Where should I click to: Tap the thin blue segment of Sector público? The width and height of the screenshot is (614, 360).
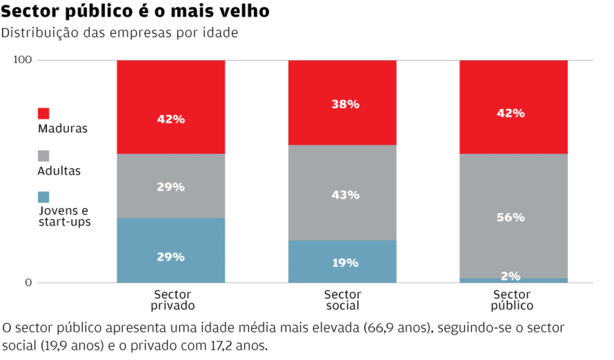tap(514, 281)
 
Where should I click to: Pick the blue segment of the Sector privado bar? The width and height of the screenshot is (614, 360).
tap(171, 240)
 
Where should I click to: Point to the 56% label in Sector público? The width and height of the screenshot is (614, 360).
tap(511, 217)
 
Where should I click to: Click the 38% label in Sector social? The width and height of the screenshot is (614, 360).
tap(345, 104)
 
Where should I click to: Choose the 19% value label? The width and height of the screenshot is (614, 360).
tap(345, 263)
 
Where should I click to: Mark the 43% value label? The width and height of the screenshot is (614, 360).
tap(345, 195)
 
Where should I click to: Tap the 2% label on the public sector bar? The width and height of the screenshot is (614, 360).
tap(511, 276)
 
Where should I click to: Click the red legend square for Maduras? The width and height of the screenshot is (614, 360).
tap(43, 113)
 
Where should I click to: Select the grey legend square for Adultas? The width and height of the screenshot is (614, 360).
tap(43, 156)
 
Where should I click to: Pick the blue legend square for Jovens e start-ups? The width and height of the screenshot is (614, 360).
tap(43, 197)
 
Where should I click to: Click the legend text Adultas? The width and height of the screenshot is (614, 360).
tap(59, 171)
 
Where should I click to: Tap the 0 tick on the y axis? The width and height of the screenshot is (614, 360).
tap(28, 283)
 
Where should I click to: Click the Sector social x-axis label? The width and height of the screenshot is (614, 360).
tap(342, 300)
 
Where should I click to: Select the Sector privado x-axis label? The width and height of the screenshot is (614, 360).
tap(172, 300)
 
